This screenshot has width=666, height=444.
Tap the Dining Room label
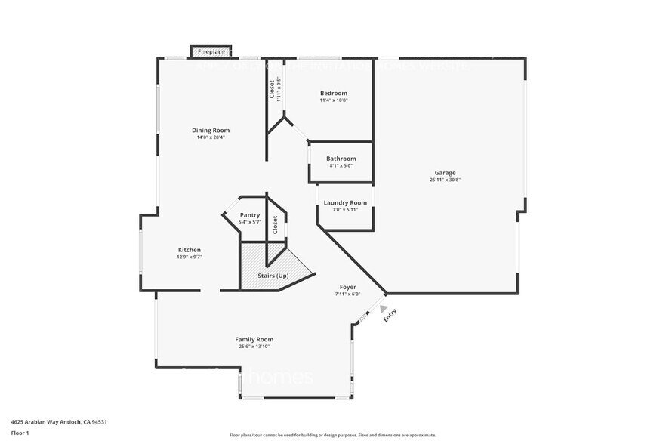[x=211, y=130]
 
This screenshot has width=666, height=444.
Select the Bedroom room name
[x=334, y=93]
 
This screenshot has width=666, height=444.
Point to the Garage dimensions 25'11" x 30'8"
[x=445, y=180]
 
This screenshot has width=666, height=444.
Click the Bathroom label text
[x=341, y=159]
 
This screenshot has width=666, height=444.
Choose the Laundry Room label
[x=345, y=202]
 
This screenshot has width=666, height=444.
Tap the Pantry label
[x=250, y=215]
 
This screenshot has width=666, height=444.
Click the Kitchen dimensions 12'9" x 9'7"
[x=189, y=257]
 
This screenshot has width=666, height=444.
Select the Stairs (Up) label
[x=273, y=276]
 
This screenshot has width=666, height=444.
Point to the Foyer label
[x=347, y=287]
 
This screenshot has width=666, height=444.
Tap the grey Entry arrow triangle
[x=384, y=308]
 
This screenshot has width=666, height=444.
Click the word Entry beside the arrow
[x=390, y=316]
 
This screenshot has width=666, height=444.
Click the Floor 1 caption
[x=20, y=433]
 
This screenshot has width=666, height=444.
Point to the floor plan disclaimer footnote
[x=333, y=435]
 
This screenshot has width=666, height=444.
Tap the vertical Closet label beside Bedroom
[x=273, y=89]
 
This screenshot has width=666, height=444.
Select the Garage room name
[x=445, y=172]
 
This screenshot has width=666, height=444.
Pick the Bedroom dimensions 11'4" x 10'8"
[x=334, y=100]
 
